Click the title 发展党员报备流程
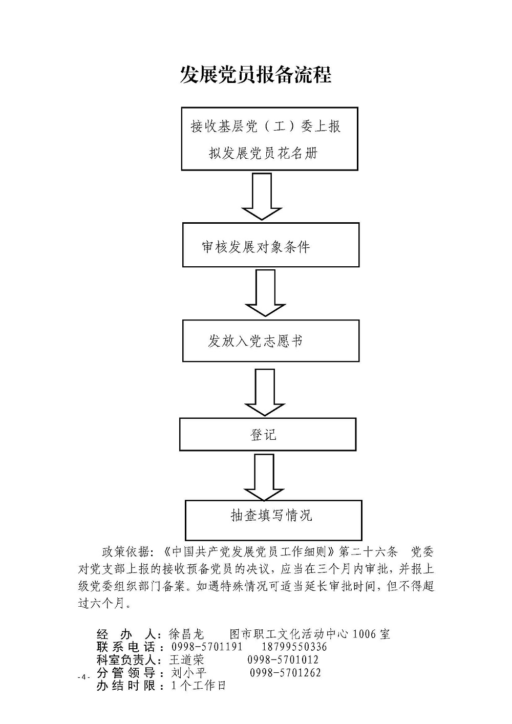[255, 75]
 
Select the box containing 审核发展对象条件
[271, 245]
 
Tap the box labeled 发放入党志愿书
[271, 340]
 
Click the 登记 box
[268, 434]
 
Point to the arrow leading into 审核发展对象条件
[262, 196]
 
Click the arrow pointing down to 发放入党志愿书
[265, 293]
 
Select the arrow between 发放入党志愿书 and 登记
[265, 392]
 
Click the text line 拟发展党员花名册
[264, 153]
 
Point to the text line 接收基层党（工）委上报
[265, 126]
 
